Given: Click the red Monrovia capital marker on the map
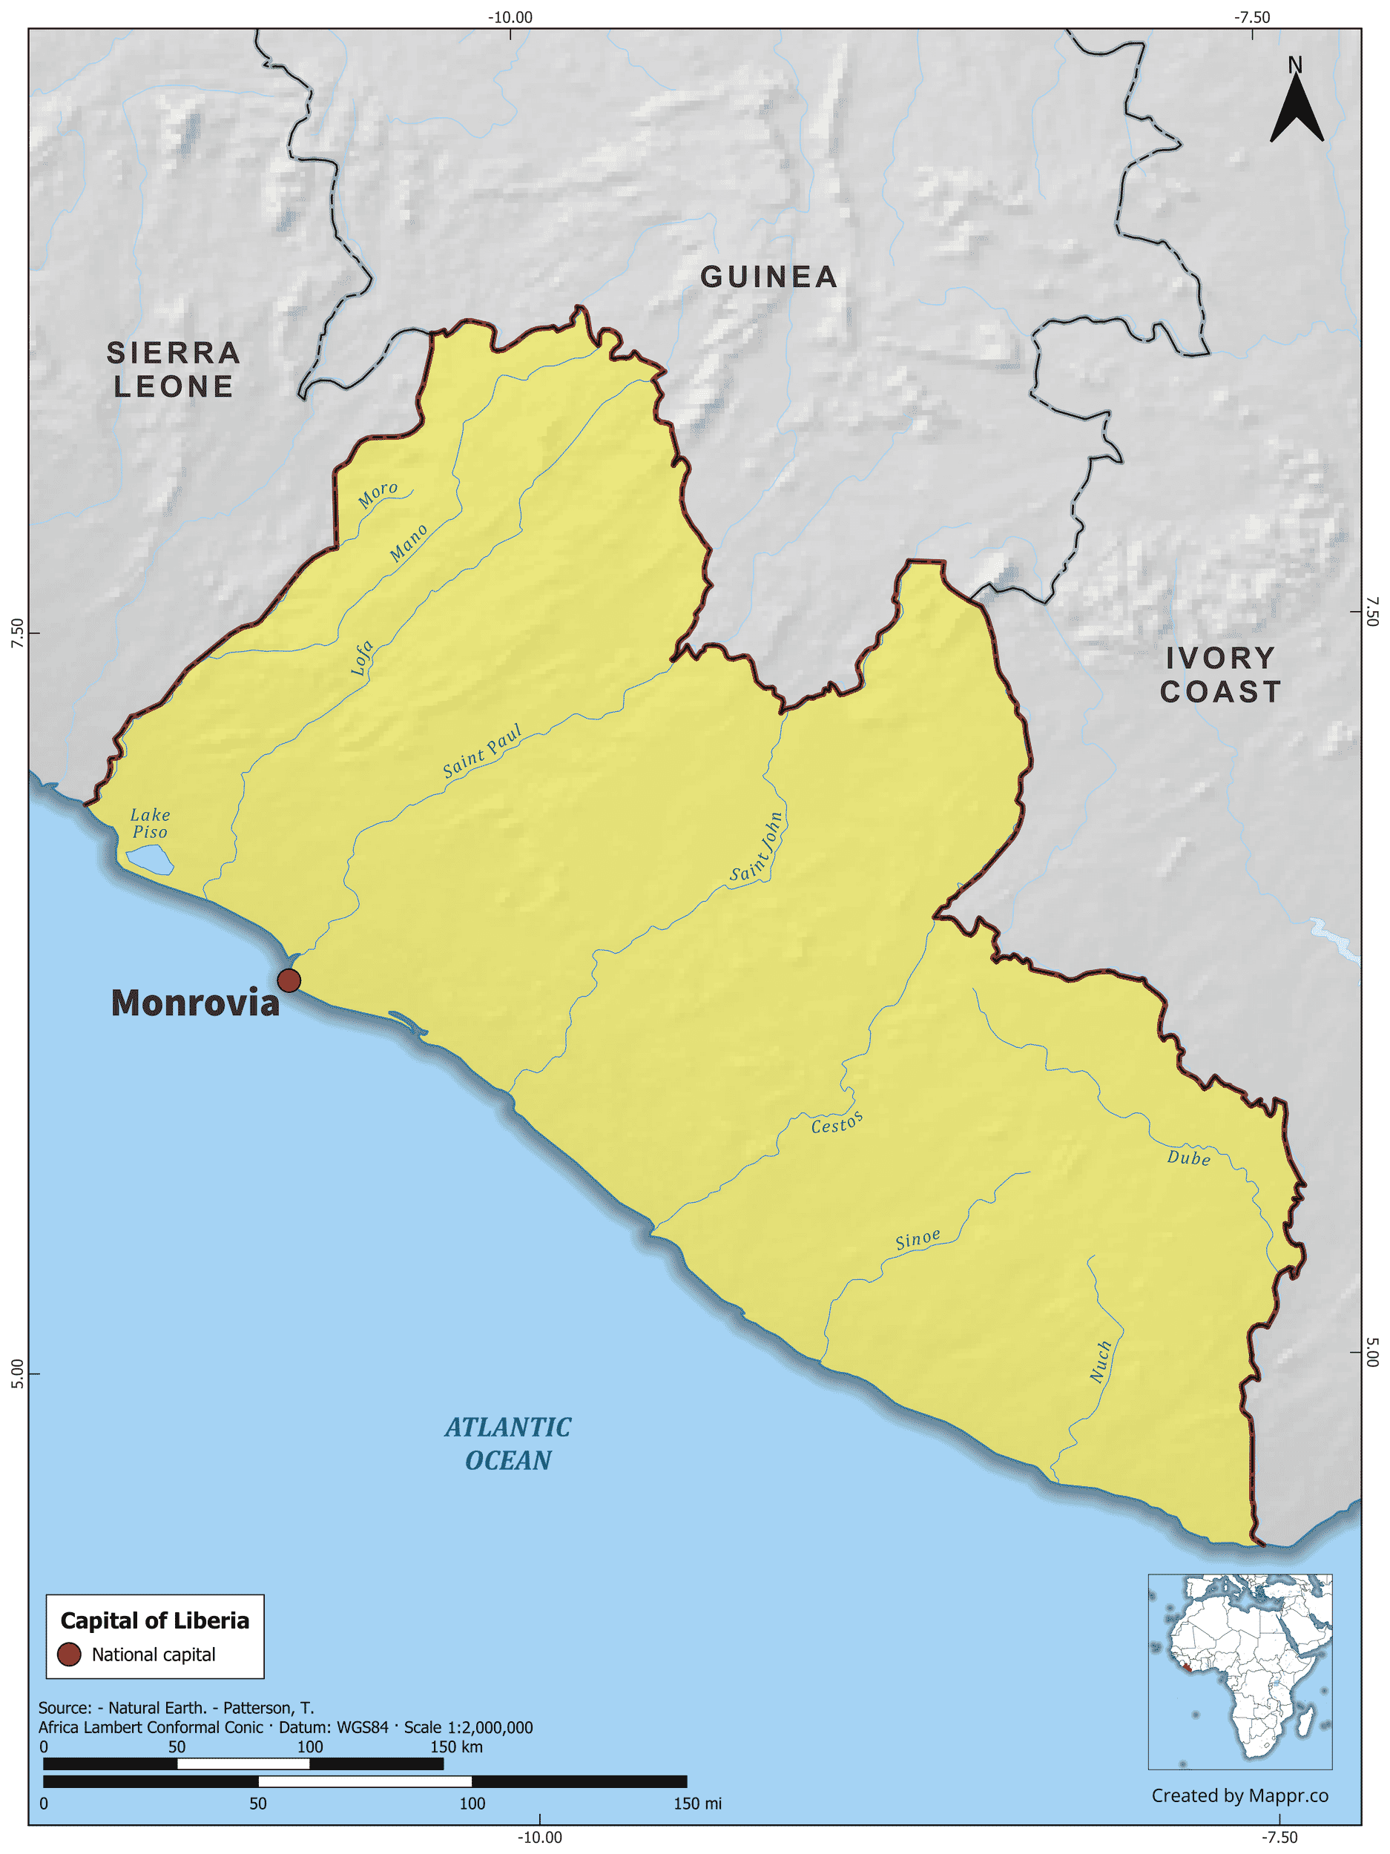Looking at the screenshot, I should (289, 980).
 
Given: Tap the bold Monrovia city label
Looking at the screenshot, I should (195, 1003).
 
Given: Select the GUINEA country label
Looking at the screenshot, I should (768, 277).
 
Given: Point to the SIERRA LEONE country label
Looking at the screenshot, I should (174, 369).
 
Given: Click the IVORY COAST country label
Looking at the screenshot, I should (1221, 675).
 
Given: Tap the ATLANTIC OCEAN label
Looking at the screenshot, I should (508, 1443).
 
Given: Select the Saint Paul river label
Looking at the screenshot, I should (482, 751).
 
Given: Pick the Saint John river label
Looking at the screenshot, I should (757, 848).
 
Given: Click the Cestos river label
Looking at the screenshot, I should (837, 1123).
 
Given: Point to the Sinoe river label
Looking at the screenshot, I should (918, 1238).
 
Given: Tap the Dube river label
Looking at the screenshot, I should (1188, 1158).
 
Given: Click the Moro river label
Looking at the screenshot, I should (378, 495).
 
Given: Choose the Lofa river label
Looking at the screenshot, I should (361, 658).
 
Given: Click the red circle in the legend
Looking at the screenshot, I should (69, 1654).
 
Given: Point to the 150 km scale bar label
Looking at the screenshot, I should (456, 1746).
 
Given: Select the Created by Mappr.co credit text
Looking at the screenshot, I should (1239, 1795).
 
